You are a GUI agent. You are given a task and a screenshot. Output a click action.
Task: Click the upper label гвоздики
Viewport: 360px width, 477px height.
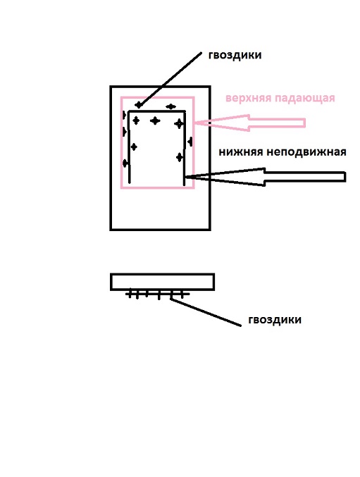[x=235, y=56]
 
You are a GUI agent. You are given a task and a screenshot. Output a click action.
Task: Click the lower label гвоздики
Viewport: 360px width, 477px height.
[x=275, y=320]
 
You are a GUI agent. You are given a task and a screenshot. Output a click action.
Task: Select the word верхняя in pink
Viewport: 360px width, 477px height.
[x=248, y=98]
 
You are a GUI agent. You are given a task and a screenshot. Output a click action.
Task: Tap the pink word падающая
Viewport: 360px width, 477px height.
[x=304, y=98]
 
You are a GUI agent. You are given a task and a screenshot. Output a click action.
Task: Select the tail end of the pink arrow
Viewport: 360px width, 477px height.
[x=304, y=123]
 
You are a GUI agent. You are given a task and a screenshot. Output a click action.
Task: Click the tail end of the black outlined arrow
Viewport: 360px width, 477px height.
[x=345, y=177]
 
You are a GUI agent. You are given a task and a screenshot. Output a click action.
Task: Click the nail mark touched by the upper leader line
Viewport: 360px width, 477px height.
[x=139, y=105]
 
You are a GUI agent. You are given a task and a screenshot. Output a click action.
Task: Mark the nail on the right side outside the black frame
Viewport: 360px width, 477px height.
[x=190, y=142]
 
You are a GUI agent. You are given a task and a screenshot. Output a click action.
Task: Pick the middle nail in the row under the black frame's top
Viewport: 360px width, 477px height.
[x=155, y=120]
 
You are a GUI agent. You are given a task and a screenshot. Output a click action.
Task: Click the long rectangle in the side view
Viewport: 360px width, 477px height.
[x=162, y=282]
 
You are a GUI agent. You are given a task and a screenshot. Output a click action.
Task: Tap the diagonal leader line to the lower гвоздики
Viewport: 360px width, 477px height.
[x=206, y=312]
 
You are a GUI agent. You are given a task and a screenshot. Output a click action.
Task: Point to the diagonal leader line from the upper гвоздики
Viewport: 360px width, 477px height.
[x=170, y=79]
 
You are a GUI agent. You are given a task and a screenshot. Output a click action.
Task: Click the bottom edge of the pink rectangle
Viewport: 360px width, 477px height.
[x=158, y=187]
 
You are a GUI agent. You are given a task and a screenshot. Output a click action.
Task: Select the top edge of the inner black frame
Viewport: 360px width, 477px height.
[x=157, y=111]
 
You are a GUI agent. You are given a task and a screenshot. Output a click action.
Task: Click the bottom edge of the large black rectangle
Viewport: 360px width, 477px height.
[x=160, y=229]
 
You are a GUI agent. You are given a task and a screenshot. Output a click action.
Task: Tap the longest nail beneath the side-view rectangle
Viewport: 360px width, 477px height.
[x=159, y=295]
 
